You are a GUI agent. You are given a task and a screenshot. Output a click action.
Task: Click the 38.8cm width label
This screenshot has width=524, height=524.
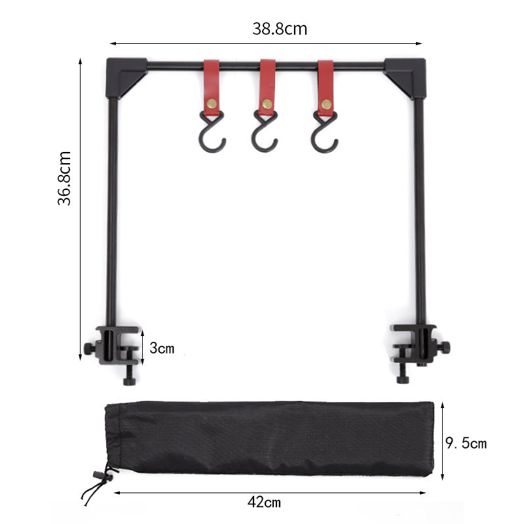280,29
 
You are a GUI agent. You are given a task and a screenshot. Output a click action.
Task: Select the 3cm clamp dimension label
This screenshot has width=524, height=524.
162,348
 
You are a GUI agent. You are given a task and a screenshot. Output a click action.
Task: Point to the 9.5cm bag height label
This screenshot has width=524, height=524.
466,443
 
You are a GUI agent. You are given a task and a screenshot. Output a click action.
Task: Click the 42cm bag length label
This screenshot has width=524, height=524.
265,502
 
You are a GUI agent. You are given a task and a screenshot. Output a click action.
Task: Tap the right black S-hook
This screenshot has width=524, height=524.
324,136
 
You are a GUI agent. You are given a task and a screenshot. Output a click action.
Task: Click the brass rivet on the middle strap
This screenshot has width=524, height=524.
267,103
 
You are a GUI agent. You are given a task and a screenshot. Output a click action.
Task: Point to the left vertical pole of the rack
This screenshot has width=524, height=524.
113,210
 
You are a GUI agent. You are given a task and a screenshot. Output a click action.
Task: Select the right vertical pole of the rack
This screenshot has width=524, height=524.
420,210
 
